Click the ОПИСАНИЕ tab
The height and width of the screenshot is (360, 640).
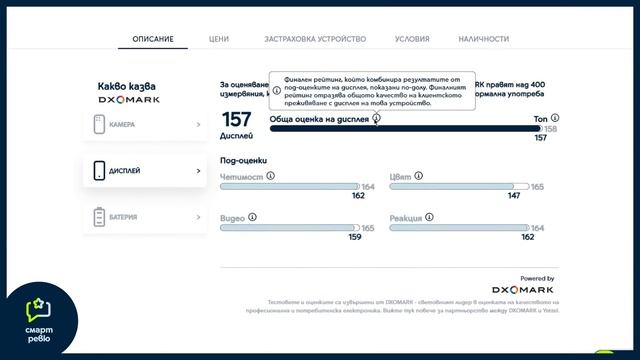click(153, 39)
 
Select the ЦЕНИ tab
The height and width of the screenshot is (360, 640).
click(219, 39)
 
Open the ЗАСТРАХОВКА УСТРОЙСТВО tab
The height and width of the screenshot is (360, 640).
click(315, 39)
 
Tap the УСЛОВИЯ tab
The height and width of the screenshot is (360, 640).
click(412, 39)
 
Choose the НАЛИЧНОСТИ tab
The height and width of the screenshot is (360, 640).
click(483, 39)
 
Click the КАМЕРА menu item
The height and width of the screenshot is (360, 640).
click(145, 125)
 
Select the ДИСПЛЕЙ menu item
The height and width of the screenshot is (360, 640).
click(145, 171)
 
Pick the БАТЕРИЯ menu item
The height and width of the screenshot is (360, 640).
click(145, 216)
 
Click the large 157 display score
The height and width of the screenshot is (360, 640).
click(236, 119)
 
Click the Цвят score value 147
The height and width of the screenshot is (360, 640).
click(514, 196)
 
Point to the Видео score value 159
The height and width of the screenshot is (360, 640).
click(355, 237)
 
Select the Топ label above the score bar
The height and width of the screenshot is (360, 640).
click(543, 118)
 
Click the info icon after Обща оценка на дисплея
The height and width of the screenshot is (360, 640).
click(376, 118)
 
